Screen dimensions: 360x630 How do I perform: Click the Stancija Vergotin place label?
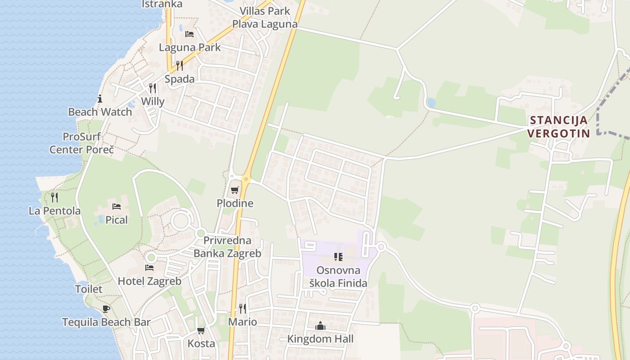tap(558, 127)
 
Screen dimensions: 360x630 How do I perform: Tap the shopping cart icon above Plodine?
tap(234, 190)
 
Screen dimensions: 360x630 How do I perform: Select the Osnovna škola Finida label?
tap(338, 277)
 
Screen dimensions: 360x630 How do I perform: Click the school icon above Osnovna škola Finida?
tap(338, 257)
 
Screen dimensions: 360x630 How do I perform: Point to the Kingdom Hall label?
tap(320, 339)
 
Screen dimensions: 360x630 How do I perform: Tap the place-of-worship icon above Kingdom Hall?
tap(320, 325)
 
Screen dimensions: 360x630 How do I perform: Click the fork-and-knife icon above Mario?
tap(242, 308)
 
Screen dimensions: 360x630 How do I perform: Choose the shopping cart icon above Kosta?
tap(201, 330)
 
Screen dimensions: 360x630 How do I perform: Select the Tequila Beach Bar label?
tap(106, 322)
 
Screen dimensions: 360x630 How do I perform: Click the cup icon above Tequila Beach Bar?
tap(106, 309)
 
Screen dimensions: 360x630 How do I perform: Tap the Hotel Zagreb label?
tap(149, 281)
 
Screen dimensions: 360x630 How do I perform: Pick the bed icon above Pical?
tap(117, 207)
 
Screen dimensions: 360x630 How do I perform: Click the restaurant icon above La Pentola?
tap(54, 197)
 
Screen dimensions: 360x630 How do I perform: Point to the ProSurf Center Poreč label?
tap(81, 143)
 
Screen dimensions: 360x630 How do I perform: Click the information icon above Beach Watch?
tap(100, 99)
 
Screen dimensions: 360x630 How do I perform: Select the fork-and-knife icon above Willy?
tap(153, 88)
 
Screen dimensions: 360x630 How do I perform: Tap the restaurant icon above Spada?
tap(180, 66)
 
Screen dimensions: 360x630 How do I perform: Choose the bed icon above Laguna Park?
tap(189, 34)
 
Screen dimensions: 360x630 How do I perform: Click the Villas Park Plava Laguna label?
tap(265, 18)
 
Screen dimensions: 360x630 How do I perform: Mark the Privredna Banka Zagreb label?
tap(227, 247)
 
